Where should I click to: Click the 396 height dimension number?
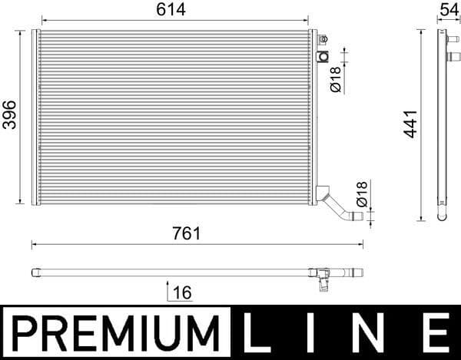pyautogui.click(x=8, y=115)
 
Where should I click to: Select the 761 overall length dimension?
pyautogui.click(x=187, y=234)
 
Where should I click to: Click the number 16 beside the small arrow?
pyautogui.click(x=182, y=292)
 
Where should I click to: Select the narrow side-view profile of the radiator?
pyautogui.click(x=441, y=123)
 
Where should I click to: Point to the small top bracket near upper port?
pyautogui.click(x=323, y=38)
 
